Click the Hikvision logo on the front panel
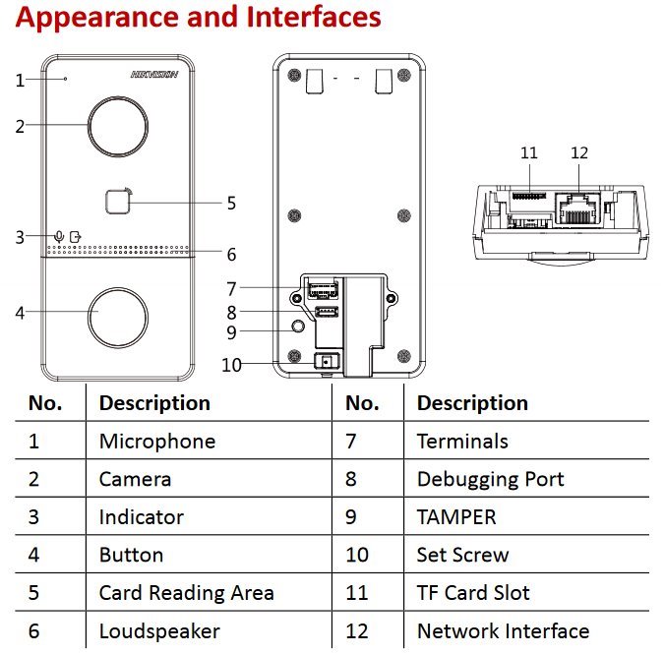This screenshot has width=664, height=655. (x=153, y=74)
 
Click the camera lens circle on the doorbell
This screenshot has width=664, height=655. (x=118, y=125)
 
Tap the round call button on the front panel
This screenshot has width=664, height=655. (x=118, y=315)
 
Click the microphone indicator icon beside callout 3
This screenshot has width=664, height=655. (x=60, y=236)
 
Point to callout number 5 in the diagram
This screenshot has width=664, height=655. (x=231, y=204)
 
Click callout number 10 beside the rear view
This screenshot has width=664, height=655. (x=231, y=364)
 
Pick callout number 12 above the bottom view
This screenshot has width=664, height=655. (x=579, y=152)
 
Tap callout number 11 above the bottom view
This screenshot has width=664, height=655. (x=529, y=152)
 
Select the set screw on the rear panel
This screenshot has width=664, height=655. (x=325, y=362)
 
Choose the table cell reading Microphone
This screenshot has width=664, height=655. (x=157, y=441)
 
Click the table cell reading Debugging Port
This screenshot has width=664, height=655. (x=490, y=479)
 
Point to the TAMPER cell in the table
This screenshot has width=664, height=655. (x=456, y=516)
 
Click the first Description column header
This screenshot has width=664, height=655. (x=154, y=403)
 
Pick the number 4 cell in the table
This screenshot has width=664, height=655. (x=34, y=555)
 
